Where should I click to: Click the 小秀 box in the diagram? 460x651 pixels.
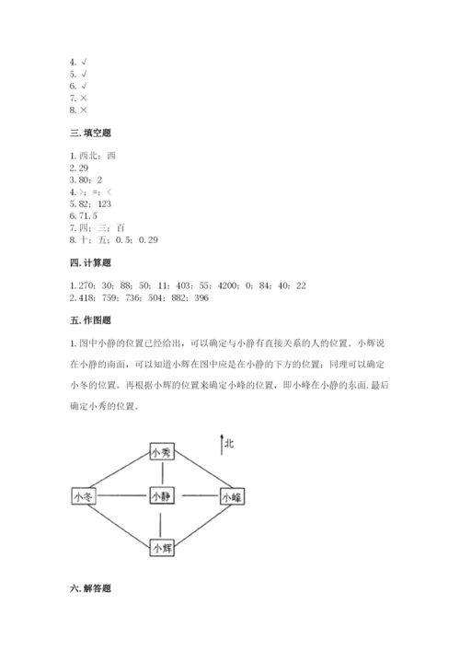161,452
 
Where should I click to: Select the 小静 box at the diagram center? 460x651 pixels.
161,496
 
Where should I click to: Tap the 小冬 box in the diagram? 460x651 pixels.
84,496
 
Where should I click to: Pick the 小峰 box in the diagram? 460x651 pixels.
231,497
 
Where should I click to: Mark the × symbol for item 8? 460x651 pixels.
83,109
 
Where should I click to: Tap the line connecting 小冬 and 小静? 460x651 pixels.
122,496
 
